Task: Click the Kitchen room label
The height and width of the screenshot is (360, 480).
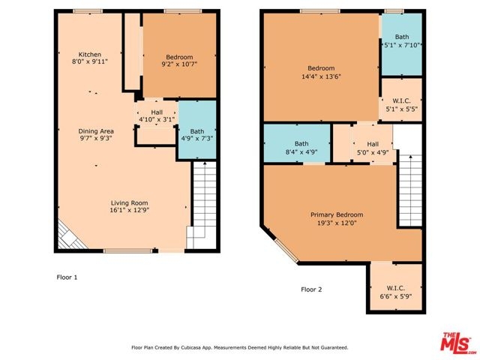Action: pyautogui.click(x=90, y=55)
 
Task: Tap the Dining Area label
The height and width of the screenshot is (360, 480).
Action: pyautogui.click(x=96, y=131)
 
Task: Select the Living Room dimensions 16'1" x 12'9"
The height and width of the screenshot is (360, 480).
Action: pyautogui.click(x=130, y=210)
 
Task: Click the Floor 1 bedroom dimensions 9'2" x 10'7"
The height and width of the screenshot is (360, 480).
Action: pyautogui.click(x=179, y=64)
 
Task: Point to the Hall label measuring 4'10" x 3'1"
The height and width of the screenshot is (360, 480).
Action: pyautogui.click(x=157, y=112)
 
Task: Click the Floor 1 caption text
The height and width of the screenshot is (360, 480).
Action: pyautogui.click(x=67, y=277)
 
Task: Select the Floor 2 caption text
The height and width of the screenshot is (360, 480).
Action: pyautogui.click(x=311, y=289)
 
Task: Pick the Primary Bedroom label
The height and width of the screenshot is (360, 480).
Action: pyautogui.click(x=337, y=215)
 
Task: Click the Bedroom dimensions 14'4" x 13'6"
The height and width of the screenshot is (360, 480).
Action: pyautogui.click(x=321, y=76)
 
